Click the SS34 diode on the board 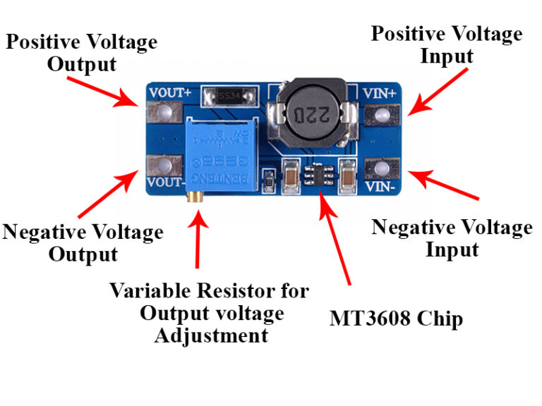(227, 94)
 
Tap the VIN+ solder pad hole (383, 114)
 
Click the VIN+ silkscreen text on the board (380, 92)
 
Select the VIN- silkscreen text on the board (380, 187)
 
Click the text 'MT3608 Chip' (396, 319)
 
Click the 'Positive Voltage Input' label (446, 44)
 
